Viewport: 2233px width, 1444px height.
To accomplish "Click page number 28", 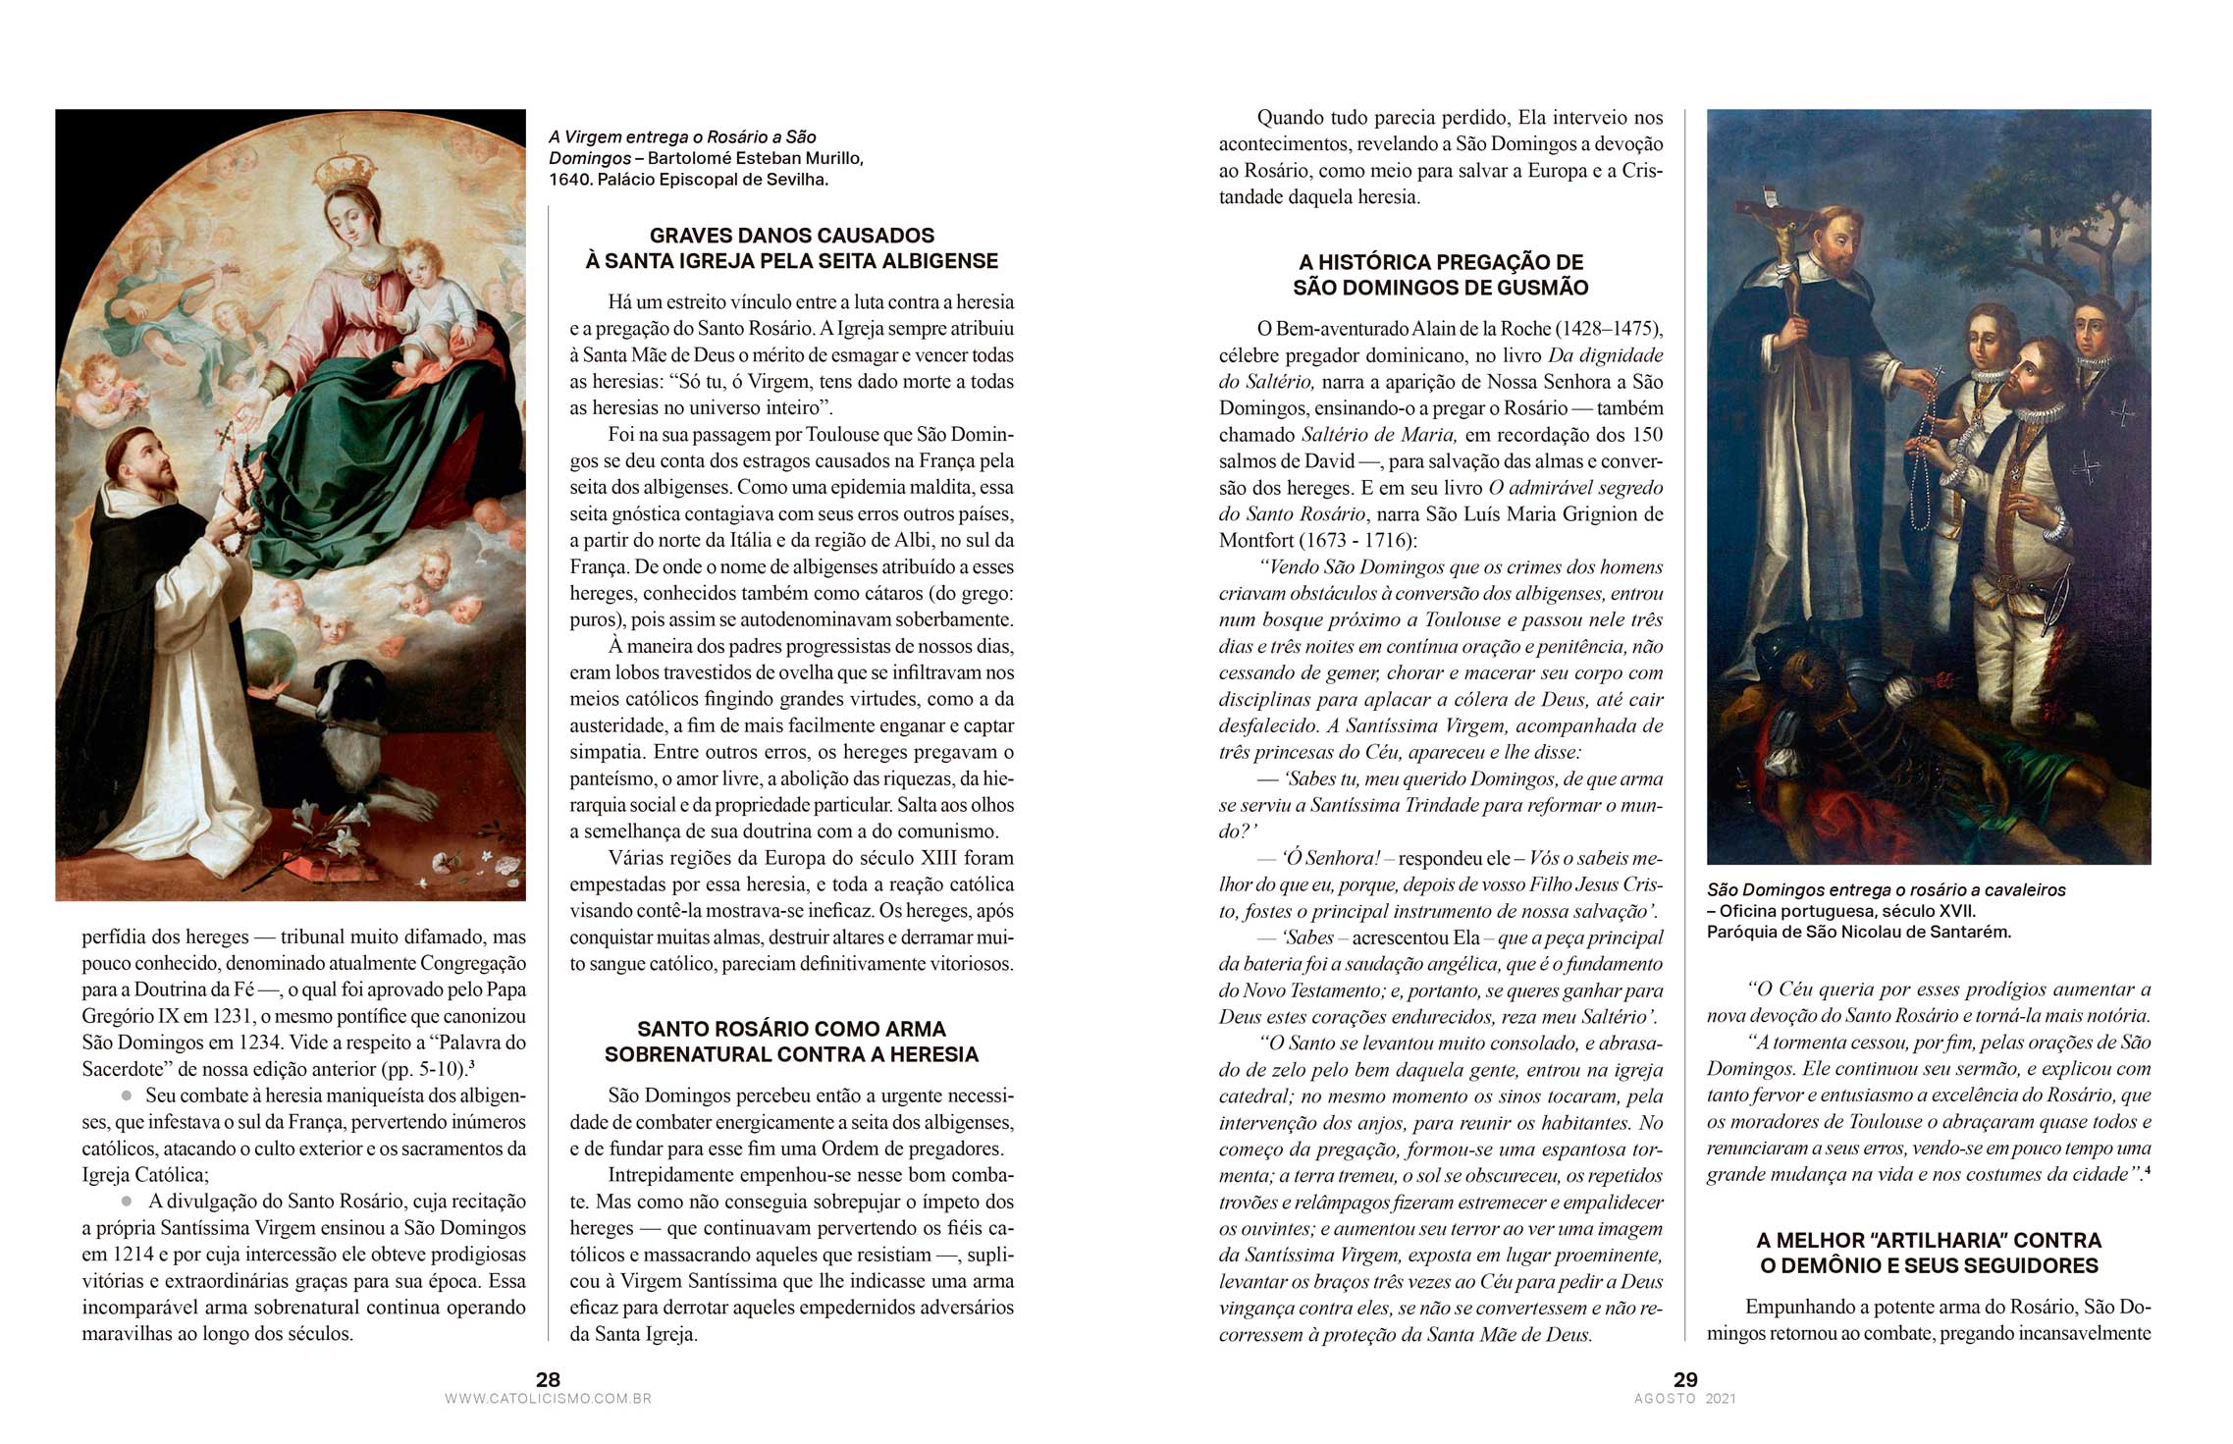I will (x=548, y=1379).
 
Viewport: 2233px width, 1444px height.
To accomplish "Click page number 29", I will (x=1685, y=1379).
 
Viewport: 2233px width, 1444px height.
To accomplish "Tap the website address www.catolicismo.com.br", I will (x=548, y=1399).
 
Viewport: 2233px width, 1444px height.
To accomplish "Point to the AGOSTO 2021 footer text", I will (x=1685, y=1399).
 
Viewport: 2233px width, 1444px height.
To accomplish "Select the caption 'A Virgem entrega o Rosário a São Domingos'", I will (x=682, y=147).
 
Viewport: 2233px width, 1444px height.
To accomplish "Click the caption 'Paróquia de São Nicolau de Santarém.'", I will (x=1858, y=932).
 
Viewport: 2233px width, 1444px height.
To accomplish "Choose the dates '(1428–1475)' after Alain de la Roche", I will (x=1609, y=329).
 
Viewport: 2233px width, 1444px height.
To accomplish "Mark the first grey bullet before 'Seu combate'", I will (x=127, y=1095).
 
